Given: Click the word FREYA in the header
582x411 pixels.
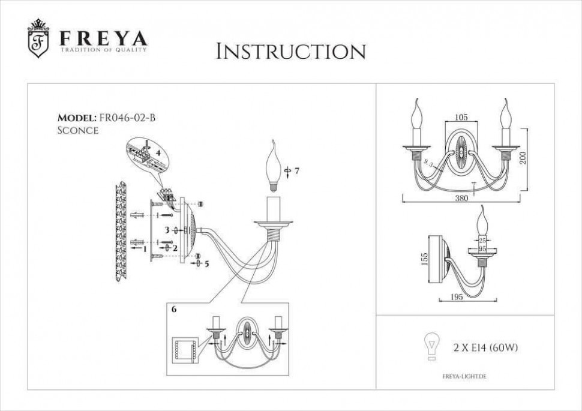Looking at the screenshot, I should pyautogui.click(x=103, y=38).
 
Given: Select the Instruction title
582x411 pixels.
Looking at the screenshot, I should pyautogui.click(x=290, y=52).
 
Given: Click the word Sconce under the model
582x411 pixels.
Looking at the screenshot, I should pyautogui.click(x=77, y=130).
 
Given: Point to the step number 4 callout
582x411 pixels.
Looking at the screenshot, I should pyautogui.click(x=157, y=153).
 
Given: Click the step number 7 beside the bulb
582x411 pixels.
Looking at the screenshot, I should pyautogui.click(x=296, y=171).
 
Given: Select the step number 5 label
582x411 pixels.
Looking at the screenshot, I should pyautogui.click(x=206, y=263).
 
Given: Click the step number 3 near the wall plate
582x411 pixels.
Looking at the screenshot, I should pyautogui.click(x=167, y=230).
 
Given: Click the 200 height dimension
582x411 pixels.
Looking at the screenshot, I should pyautogui.click(x=523, y=158).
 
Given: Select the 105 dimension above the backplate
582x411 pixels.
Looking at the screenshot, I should pyautogui.click(x=461, y=118).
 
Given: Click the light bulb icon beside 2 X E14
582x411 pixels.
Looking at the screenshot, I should pyautogui.click(x=430, y=346).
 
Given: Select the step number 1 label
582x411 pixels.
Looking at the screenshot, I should pyautogui.click(x=145, y=247).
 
